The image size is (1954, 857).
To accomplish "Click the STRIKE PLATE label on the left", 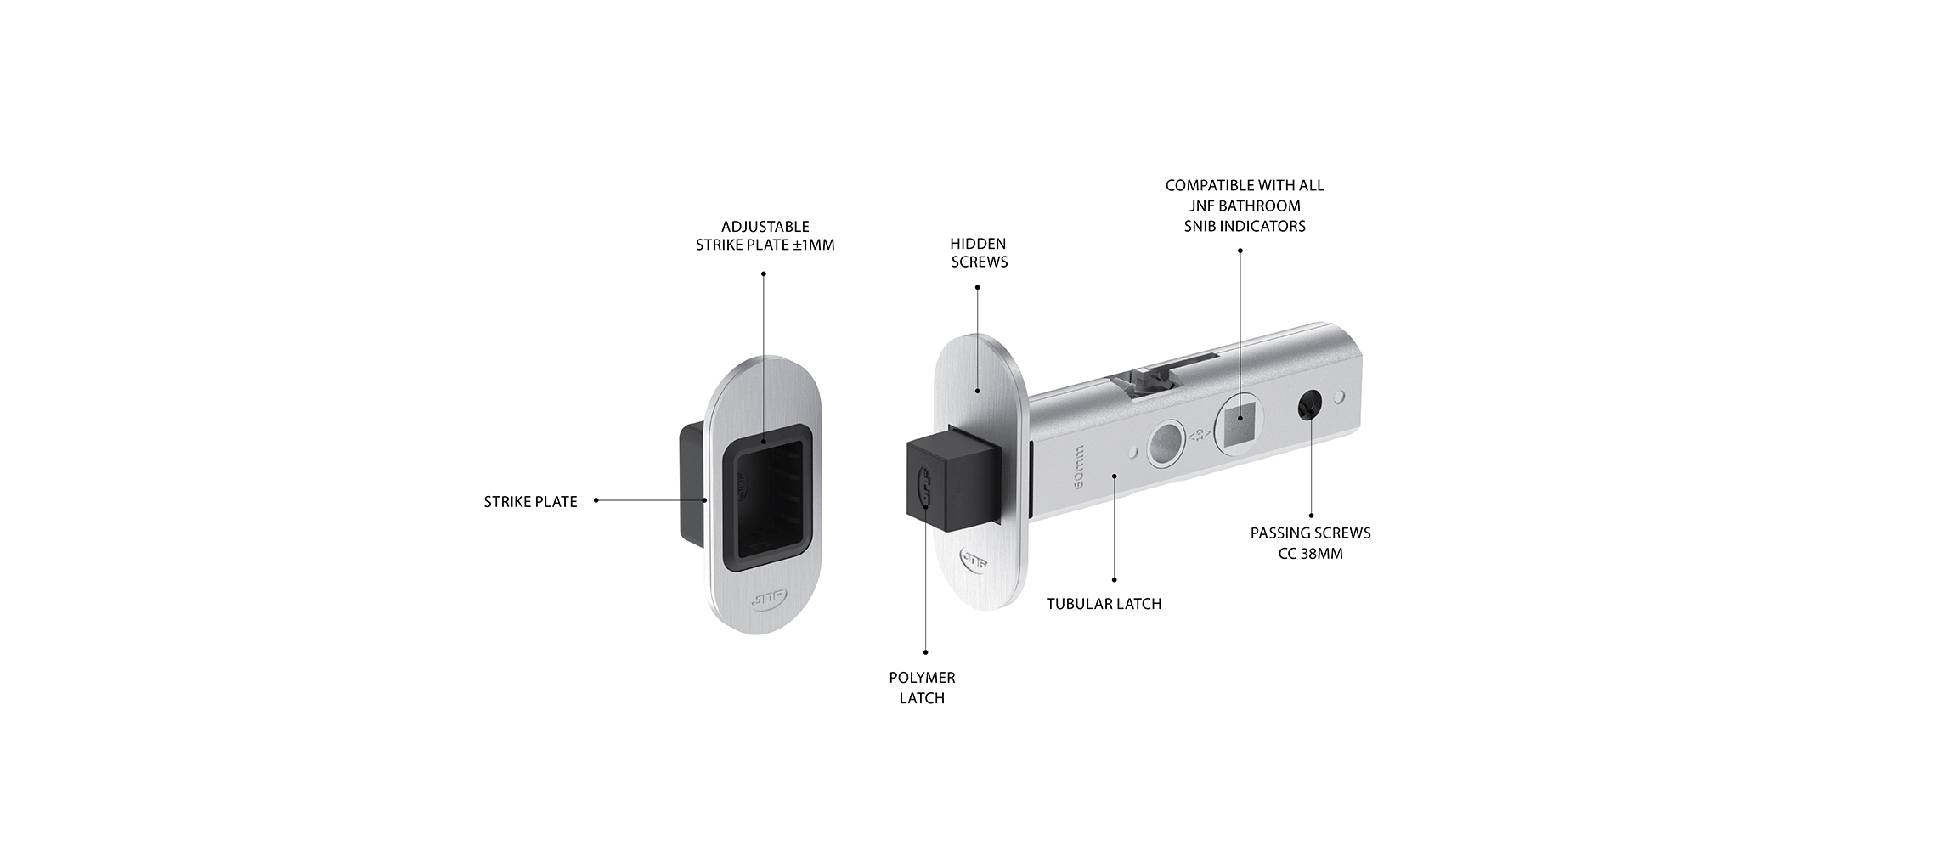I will coord(530,502).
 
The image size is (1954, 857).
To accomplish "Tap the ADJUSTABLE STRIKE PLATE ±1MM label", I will coord(765,235).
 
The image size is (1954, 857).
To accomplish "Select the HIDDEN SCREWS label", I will coord(979,253).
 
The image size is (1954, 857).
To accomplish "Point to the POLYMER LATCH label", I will coord(922,687).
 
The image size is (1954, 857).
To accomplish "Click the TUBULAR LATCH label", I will coord(1104,604).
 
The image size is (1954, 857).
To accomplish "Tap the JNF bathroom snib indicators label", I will coord(1245,206).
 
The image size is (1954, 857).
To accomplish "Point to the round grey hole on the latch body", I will coord(1165,444).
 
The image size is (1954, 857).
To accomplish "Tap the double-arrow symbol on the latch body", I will coord(1200,435).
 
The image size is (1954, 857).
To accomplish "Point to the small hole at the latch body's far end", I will coord(1340,396).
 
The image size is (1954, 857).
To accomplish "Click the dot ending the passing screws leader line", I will coord(1311,515).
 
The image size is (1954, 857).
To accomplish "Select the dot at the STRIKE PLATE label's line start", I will coord(596,500).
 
